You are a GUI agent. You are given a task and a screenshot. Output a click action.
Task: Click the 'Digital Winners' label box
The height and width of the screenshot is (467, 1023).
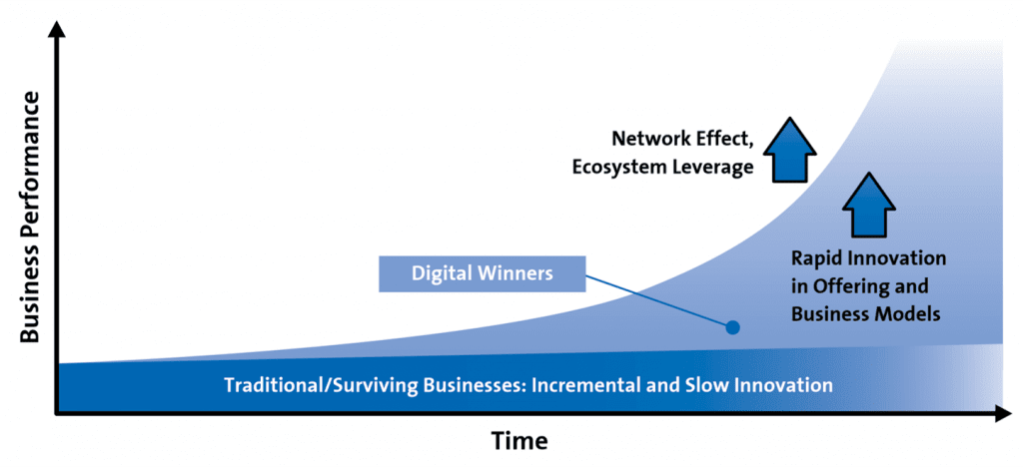pyautogui.click(x=483, y=273)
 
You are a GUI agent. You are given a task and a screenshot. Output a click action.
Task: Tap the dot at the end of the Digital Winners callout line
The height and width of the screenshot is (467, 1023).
pyautogui.click(x=732, y=327)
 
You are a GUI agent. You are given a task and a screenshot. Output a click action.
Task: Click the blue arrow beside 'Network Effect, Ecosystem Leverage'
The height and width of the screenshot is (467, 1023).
pyautogui.click(x=789, y=150)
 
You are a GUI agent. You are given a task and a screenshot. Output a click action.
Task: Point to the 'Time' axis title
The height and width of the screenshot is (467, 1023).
pyautogui.click(x=519, y=441)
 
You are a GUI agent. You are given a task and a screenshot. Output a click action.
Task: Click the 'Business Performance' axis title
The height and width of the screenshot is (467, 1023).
pyautogui.click(x=31, y=217)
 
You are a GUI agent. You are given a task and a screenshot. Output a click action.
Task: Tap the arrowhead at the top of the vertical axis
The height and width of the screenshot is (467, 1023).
pyautogui.click(x=57, y=29)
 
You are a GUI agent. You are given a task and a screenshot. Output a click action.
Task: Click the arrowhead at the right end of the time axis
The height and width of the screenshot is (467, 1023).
pyautogui.click(x=1002, y=413)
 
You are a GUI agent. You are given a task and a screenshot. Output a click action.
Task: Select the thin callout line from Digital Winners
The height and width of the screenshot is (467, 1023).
pyautogui.click(x=659, y=301)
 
